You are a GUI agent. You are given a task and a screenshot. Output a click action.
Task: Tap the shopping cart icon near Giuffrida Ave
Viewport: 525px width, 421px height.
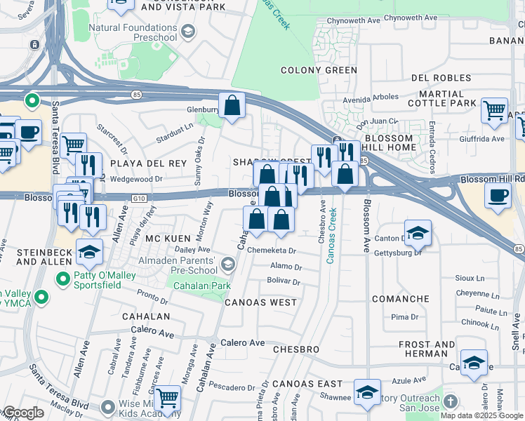[x=494, y=110]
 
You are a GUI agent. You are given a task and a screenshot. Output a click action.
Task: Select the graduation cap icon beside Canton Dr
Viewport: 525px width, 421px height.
[x=417, y=233]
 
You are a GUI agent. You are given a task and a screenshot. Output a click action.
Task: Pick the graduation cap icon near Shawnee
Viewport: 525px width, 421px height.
[x=366, y=392]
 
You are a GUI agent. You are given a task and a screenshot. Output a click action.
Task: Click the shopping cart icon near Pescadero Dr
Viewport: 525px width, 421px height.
[x=167, y=399]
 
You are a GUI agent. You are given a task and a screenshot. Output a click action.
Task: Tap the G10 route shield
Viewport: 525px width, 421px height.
[x=138, y=199]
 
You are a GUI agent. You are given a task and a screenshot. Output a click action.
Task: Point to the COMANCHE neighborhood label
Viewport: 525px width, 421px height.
[x=400, y=299]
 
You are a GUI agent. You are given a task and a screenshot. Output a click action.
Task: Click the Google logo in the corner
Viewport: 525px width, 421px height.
[x=22, y=413]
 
